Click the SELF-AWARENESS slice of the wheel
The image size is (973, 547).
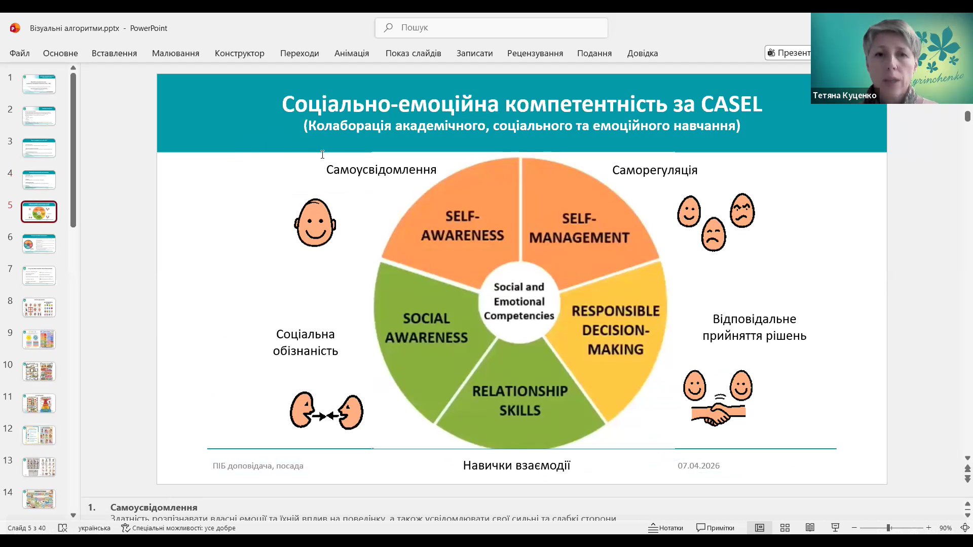[x=462, y=226]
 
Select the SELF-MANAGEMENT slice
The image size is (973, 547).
[x=579, y=228]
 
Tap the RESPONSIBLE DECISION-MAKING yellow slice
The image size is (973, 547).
[x=615, y=330]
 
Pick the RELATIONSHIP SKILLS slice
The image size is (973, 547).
[x=520, y=400]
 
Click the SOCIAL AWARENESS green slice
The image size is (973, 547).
[x=426, y=328]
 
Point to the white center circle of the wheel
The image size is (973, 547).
[x=519, y=301]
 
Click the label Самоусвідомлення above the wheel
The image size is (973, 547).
[x=381, y=170]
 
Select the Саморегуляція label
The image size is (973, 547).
[x=655, y=170]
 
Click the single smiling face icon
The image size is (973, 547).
[x=315, y=223]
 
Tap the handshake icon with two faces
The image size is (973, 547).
[x=718, y=398]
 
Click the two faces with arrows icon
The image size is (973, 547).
[x=326, y=411]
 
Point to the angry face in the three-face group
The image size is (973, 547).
[x=742, y=210]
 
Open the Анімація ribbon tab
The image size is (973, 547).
[x=352, y=53]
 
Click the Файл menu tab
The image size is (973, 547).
[x=20, y=53]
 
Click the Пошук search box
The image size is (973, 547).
[x=492, y=28]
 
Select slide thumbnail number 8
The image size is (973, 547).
[x=39, y=307]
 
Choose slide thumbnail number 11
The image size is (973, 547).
[x=39, y=403]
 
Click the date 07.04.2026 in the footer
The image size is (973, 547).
[x=698, y=465]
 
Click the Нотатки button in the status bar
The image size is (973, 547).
[x=666, y=528]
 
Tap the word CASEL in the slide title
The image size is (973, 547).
[x=731, y=104]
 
